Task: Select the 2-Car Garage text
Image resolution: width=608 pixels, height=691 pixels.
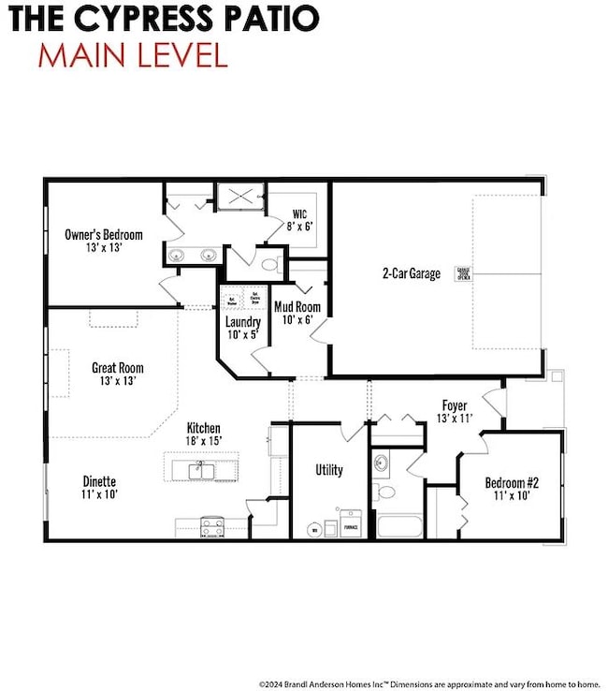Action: pos(411,274)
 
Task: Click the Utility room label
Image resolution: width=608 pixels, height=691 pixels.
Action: pos(329,470)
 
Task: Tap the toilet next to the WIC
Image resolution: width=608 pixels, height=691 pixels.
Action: pos(271,265)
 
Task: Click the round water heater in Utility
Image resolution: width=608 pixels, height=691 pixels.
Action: pos(314,529)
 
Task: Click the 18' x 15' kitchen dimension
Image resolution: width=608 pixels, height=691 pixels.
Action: pos(203,439)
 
